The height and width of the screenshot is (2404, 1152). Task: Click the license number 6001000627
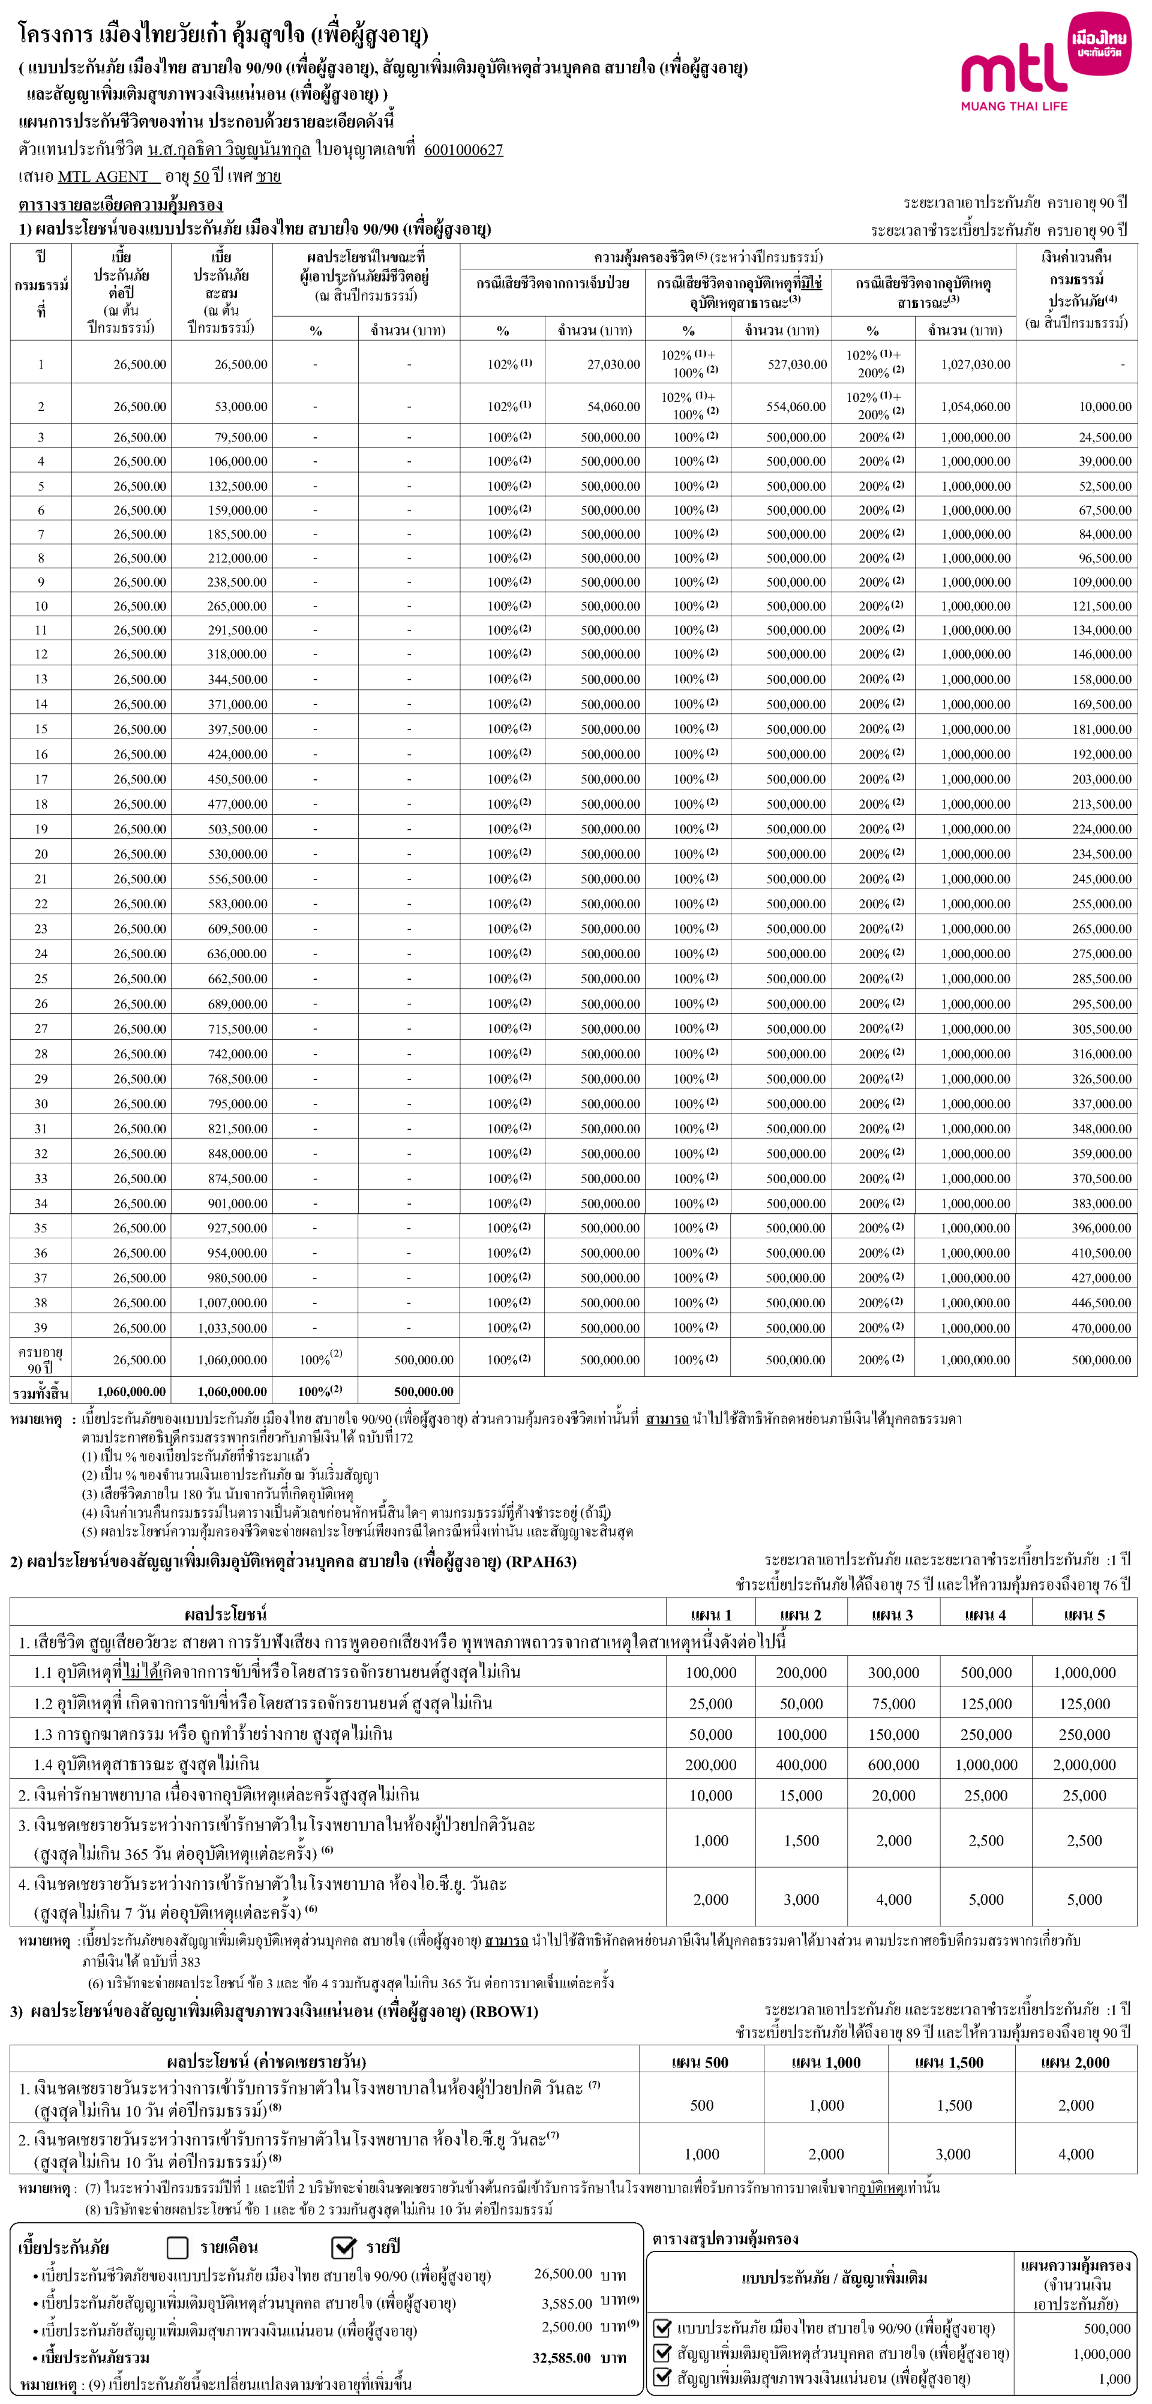point(463,149)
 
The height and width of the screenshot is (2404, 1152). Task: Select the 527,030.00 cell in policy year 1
point(796,365)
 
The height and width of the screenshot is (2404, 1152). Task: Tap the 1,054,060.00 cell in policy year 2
point(974,407)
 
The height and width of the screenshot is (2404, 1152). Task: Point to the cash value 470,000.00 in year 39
point(1102,1328)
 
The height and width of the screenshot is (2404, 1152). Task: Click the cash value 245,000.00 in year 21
point(1102,879)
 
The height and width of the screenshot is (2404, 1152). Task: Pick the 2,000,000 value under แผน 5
point(1084,1764)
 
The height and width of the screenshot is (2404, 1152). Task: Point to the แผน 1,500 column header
point(952,2063)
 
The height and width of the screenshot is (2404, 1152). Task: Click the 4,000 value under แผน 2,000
point(1075,2154)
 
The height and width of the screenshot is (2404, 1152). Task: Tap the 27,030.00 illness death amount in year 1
point(613,365)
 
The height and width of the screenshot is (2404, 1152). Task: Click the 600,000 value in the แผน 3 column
point(893,1764)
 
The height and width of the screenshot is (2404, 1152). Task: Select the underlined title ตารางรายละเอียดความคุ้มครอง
point(121,205)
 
